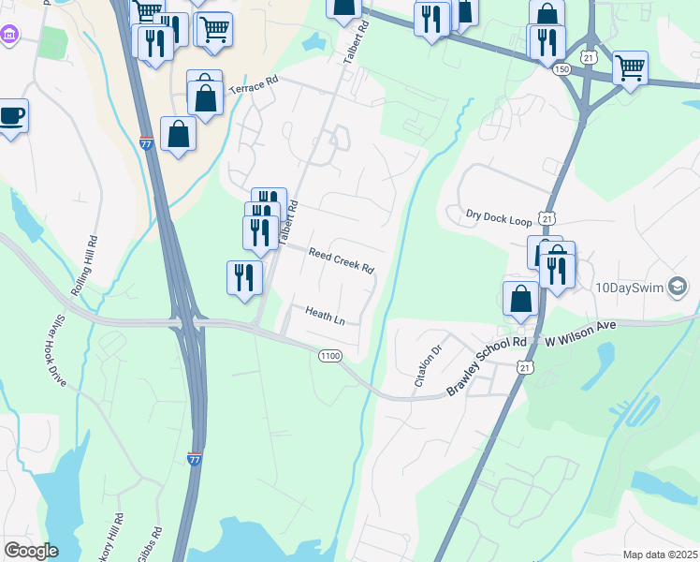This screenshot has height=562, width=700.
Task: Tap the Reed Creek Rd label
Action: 342,260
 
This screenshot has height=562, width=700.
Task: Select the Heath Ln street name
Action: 325,316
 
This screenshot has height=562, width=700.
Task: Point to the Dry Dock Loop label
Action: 499,217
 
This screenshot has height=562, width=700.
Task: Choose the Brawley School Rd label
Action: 488,366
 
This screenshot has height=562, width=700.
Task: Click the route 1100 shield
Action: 329,356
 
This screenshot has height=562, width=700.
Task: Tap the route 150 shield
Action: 561,70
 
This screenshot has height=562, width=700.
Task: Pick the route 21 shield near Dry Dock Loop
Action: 547,217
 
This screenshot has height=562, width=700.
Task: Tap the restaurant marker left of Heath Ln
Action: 244,277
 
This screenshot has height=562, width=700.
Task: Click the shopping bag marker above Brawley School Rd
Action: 520,299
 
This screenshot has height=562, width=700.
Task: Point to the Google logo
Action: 31,552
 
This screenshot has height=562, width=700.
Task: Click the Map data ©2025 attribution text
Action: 659,555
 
